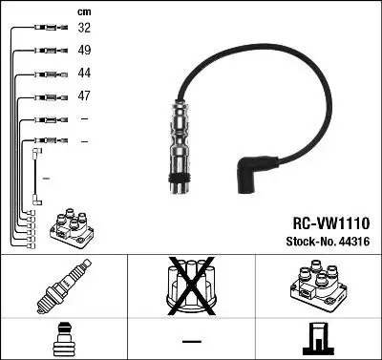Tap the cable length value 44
click(84, 74)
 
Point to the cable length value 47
click(84, 96)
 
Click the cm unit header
click(83, 11)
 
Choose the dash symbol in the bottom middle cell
click(191, 340)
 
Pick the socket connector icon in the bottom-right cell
click(318, 339)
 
